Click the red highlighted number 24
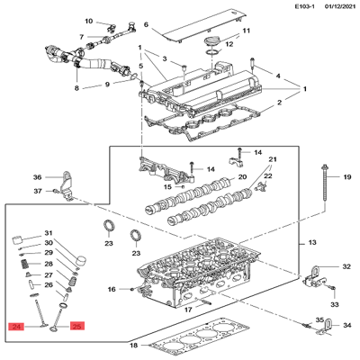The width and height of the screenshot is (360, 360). [16, 326]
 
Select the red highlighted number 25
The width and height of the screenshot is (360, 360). [77, 326]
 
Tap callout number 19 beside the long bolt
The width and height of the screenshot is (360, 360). [347, 177]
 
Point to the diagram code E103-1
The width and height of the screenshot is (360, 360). [304, 6]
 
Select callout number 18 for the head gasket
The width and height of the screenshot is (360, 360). [133, 346]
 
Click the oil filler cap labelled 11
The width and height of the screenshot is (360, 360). [212, 41]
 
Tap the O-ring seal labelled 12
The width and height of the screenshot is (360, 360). [212, 53]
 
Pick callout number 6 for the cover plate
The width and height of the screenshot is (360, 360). [146, 24]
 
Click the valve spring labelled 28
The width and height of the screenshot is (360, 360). [25, 265]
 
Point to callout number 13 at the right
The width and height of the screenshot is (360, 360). [312, 242]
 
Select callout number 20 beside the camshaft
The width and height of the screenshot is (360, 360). [242, 176]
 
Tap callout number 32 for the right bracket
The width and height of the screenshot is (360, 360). [346, 266]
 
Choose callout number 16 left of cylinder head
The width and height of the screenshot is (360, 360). [112, 289]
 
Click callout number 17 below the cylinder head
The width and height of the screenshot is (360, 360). [188, 310]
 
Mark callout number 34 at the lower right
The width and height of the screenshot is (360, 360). [347, 325]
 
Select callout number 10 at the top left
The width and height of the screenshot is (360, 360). [89, 22]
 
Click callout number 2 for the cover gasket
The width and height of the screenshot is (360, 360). [279, 103]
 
